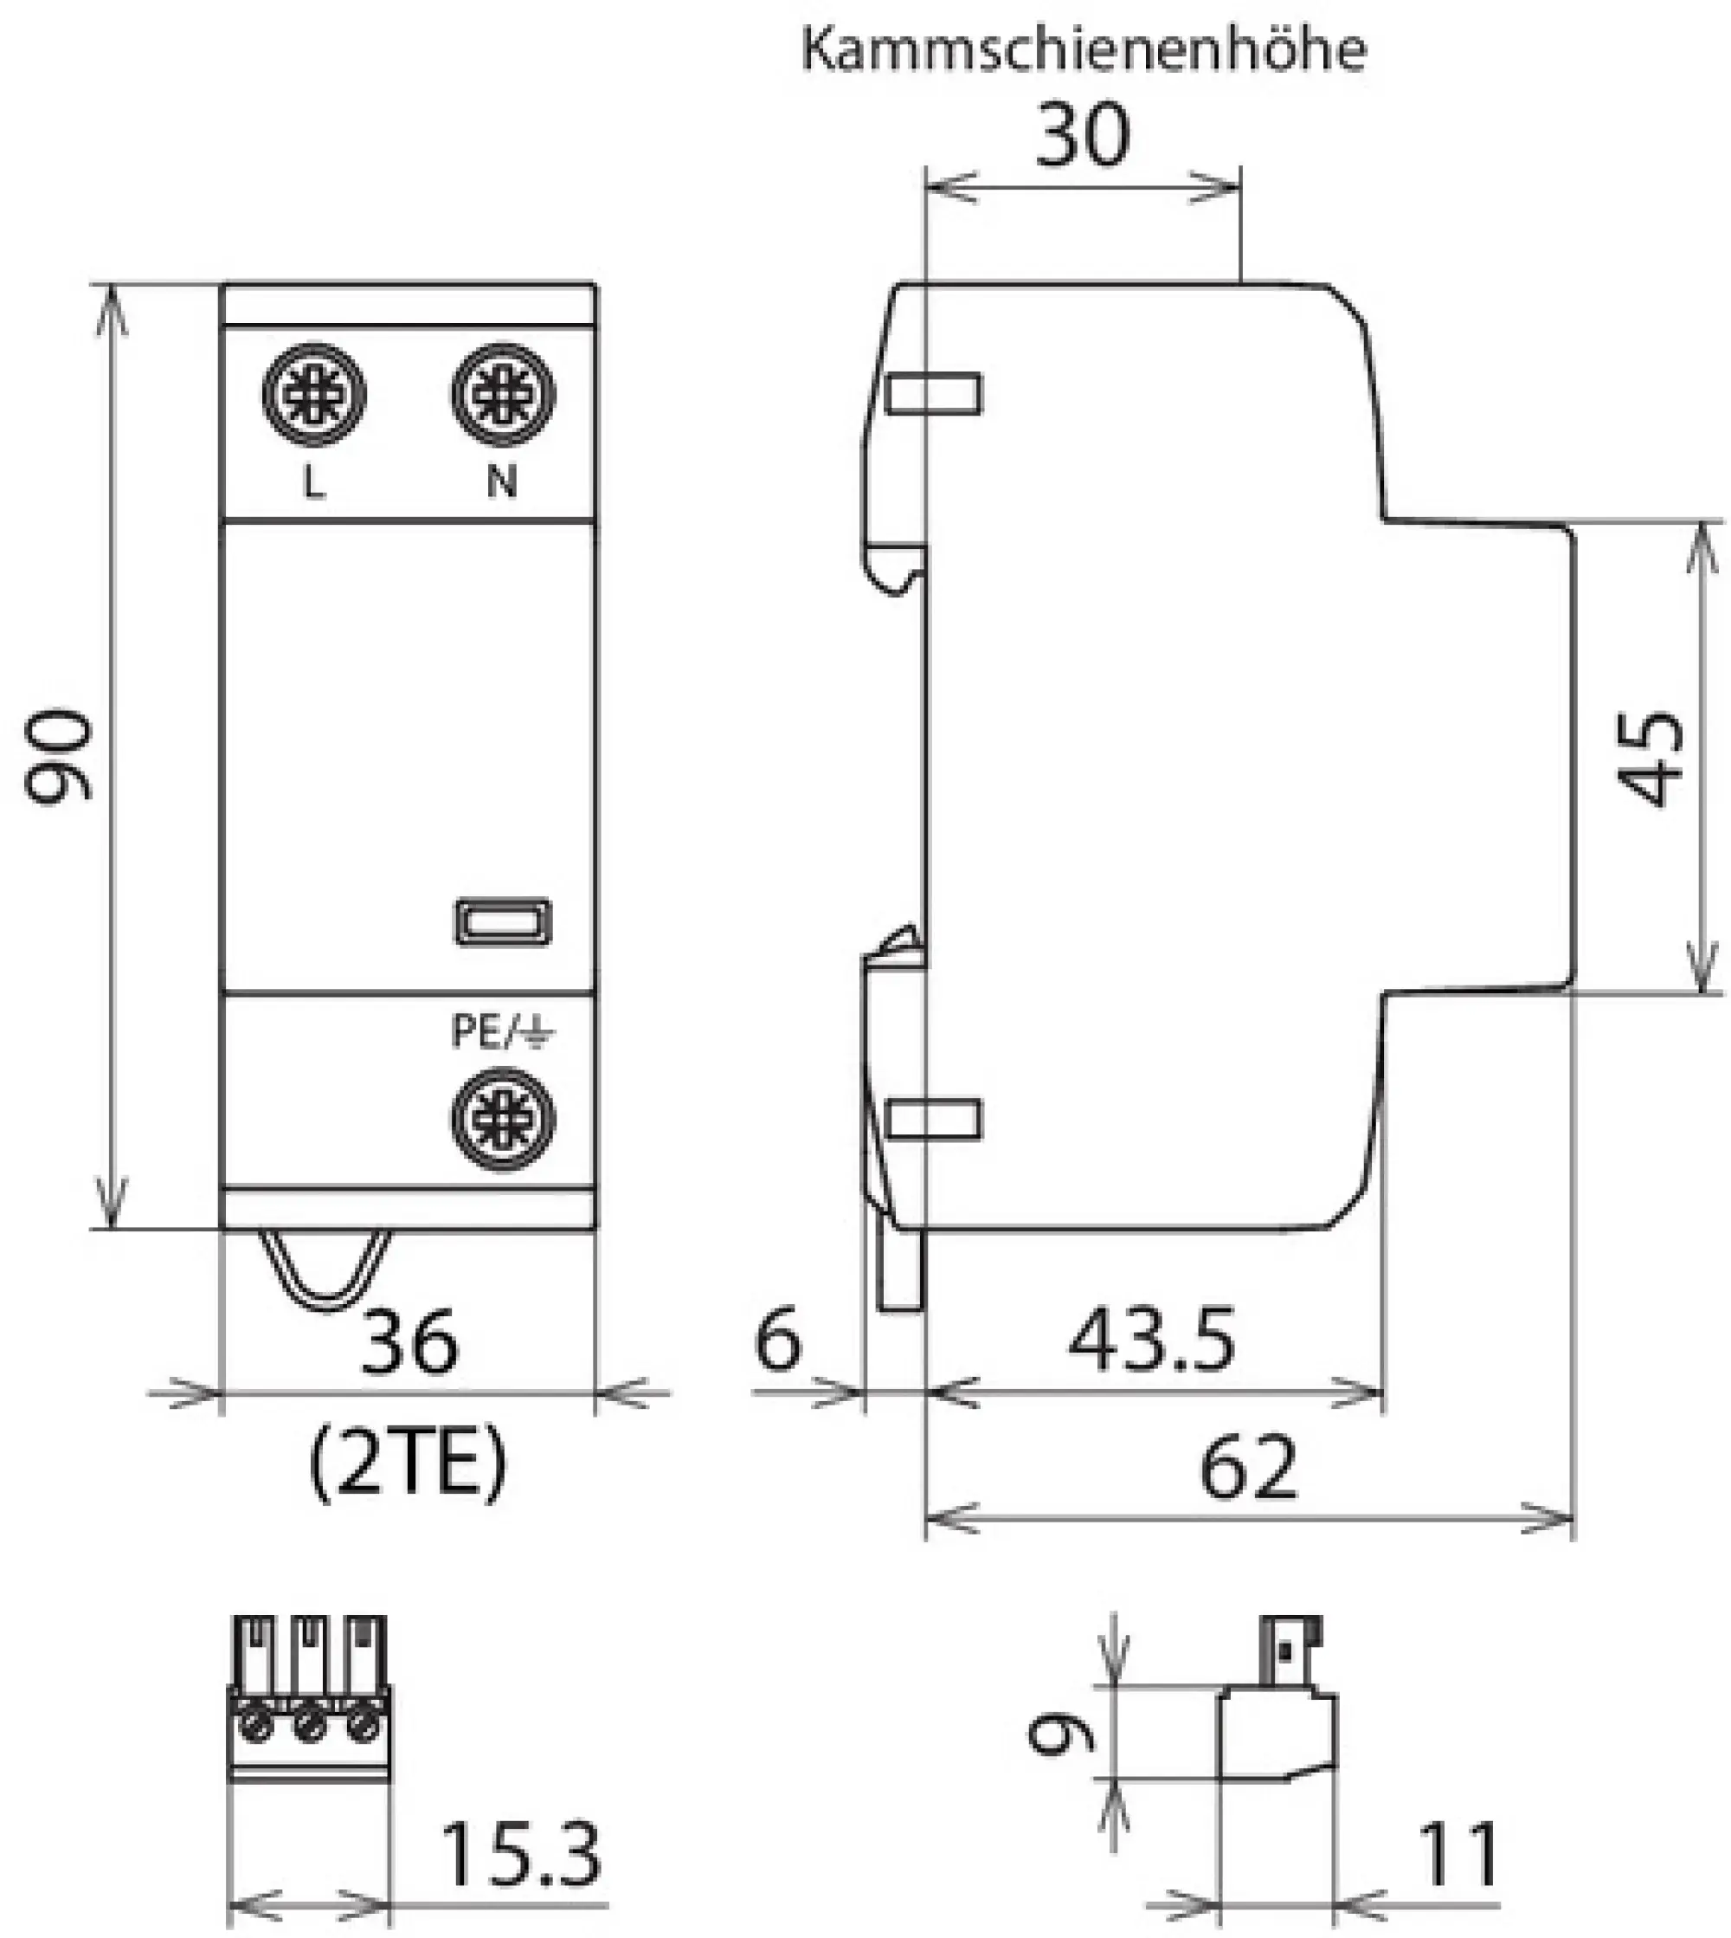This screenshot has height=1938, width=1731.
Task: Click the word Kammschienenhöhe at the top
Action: point(1084,49)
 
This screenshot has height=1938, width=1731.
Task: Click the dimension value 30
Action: point(1083,136)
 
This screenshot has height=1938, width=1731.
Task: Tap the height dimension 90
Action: point(59,756)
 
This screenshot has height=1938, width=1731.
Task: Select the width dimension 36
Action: point(409,1341)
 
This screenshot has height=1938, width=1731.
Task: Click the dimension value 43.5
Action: point(1151,1340)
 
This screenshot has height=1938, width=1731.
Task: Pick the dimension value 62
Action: point(1248,1468)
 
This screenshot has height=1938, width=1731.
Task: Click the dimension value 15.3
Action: point(521,1854)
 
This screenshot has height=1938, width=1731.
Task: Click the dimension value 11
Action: point(1458,1854)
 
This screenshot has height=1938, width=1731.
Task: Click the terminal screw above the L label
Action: point(314,394)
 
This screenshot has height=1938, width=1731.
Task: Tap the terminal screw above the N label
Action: point(503,394)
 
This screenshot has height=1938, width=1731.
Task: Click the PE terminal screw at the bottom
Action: point(503,1119)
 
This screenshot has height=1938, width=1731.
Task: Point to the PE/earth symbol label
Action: point(502,1031)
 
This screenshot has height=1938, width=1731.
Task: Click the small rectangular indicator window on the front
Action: point(503,921)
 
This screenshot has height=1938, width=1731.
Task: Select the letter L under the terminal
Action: point(314,483)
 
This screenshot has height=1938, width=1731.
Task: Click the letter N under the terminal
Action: point(502,482)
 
